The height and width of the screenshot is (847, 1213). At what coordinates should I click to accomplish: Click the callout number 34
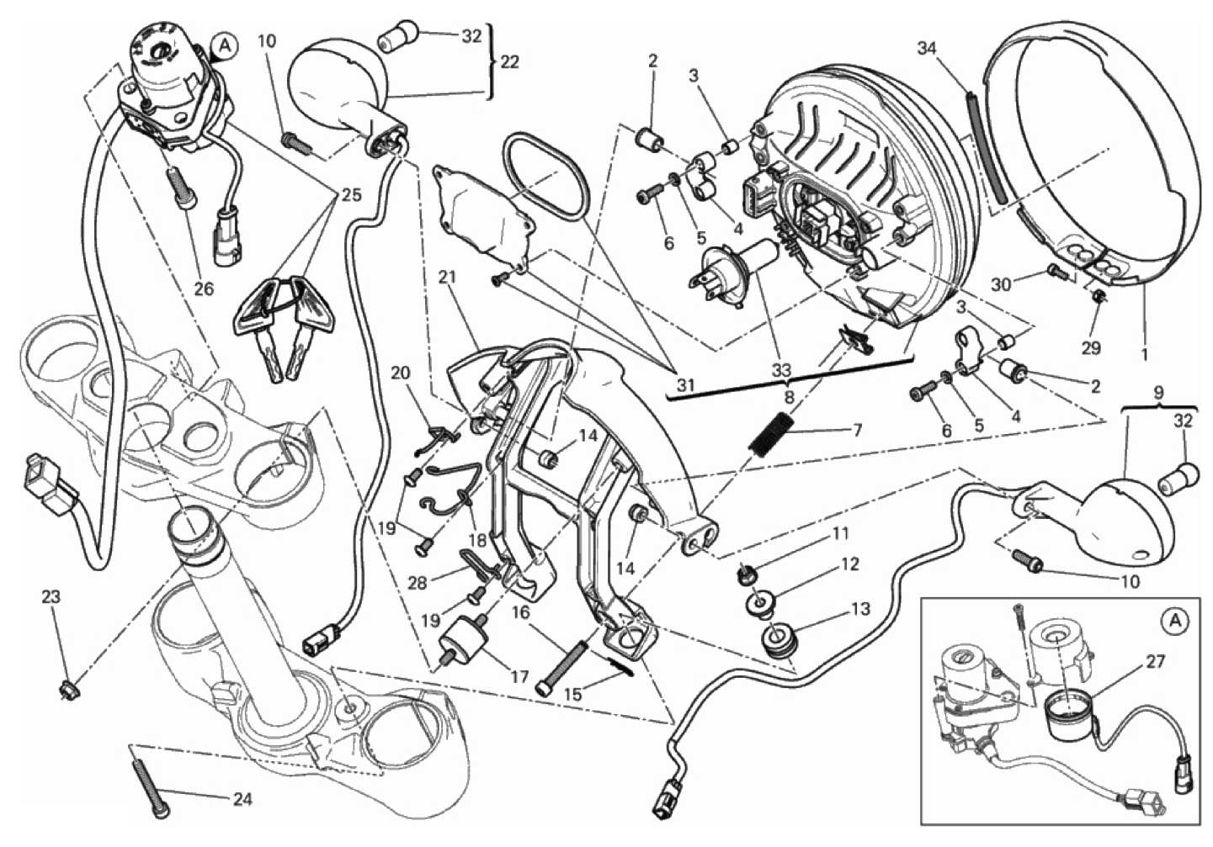927,49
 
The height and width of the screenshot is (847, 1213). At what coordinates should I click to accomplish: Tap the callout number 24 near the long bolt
242,799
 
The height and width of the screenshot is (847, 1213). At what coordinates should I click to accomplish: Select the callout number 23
51,597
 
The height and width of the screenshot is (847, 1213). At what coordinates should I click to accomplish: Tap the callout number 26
203,289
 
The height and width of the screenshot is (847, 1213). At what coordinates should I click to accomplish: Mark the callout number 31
687,386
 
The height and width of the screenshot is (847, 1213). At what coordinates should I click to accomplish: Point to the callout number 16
519,611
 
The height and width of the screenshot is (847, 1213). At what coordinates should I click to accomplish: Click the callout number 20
401,373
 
